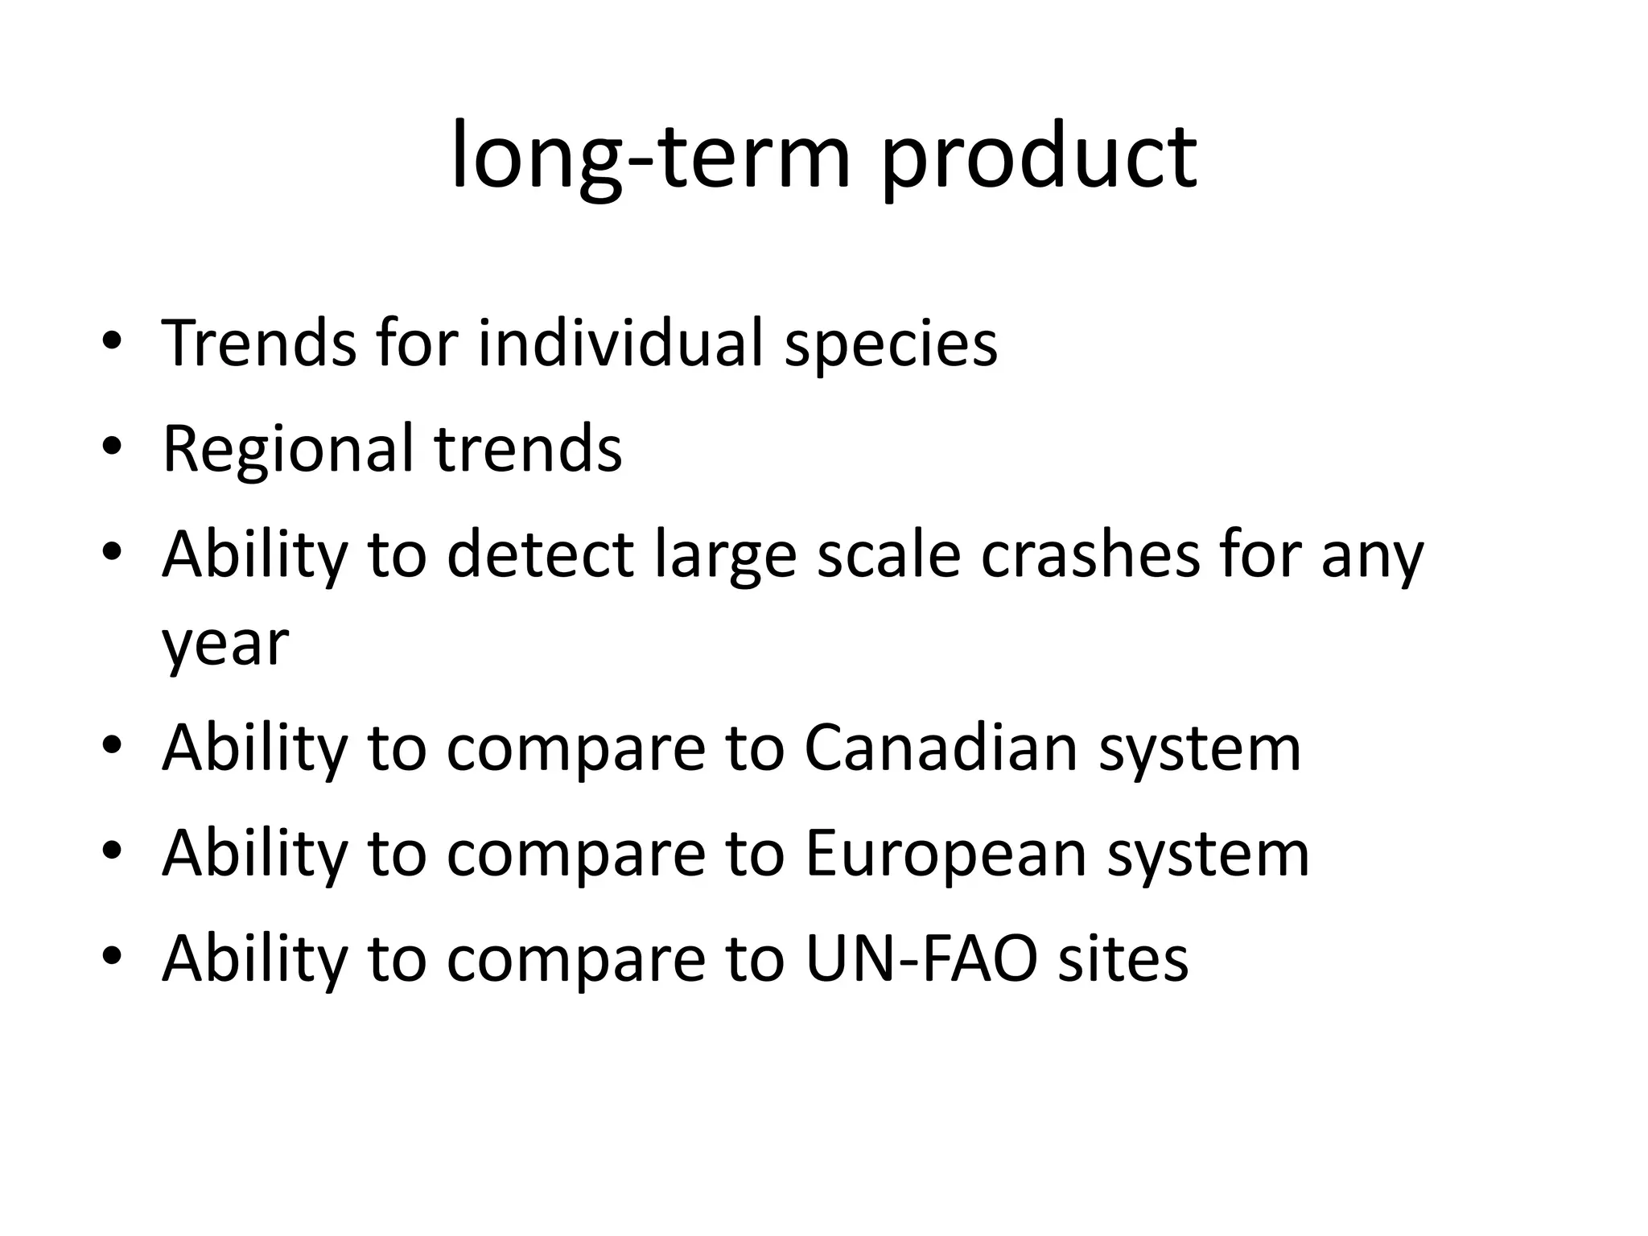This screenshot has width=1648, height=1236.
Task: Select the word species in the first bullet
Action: [x=891, y=344]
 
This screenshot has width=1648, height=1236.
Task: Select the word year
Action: [x=225, y=644]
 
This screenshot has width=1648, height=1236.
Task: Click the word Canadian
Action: [x=941, y=748]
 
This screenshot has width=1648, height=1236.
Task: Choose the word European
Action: [x=946, y=854]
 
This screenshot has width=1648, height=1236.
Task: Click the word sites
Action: [x=1123, y=958]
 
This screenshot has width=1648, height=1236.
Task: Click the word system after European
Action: [x=1208, y=854]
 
